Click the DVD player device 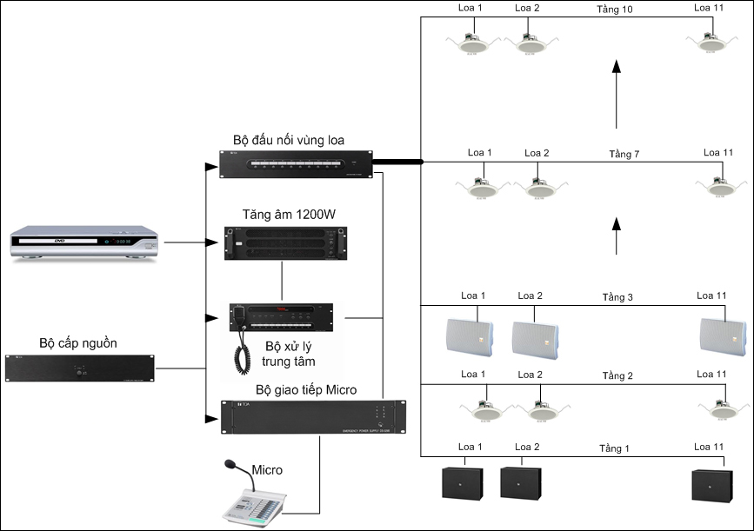pyautogui.click(x=85, y=243)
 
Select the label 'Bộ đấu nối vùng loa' pyautogui.click(x=289, y=140)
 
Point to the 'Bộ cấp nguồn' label pyautogui.click(x=79, y=342)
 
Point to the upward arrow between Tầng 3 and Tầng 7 pyautogui.click(x=616, y=236)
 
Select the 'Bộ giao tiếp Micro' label pyautogui.click(x=306, y=389)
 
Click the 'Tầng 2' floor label pyautogui.click(x=617, y=375)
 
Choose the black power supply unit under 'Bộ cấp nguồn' pyautogui.click(x=79, y=368)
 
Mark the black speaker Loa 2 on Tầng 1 pyautogui.click(x=521, y=482)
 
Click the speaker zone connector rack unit pyautogui.click(x=297, y=163)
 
